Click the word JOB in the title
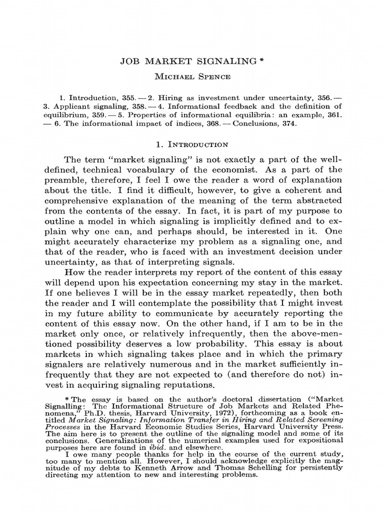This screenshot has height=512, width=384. [129, 61]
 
